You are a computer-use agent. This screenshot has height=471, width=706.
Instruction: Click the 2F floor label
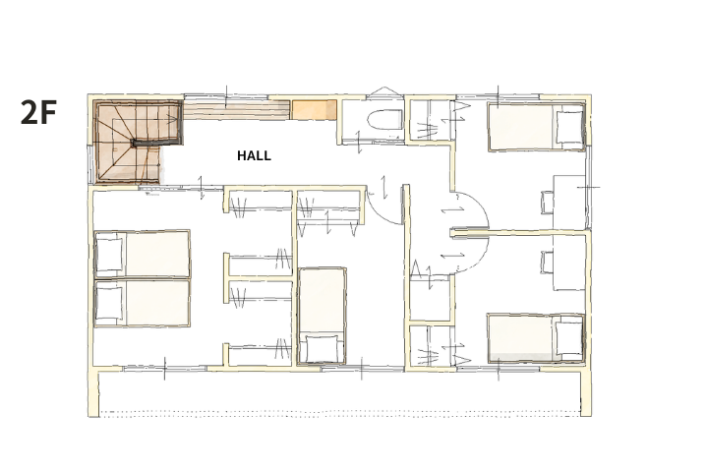tap(38, 112)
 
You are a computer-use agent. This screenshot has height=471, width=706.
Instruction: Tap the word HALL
tap(254, 155)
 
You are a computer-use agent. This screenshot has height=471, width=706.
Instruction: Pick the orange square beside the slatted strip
tap(315, 110)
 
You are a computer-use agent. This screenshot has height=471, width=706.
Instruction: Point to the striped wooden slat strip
tap(236, 110)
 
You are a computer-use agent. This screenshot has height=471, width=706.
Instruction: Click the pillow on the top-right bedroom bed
tap(569, 128)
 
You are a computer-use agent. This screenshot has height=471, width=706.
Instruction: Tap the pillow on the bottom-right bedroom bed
tap(569, 338)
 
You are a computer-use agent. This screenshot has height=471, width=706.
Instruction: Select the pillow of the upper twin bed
tap(109, 255)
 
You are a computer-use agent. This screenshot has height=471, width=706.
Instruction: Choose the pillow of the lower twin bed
tap(109, 303)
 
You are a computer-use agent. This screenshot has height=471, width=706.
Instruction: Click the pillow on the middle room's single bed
tap(322, 348)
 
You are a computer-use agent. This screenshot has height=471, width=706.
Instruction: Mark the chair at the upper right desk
tap(547, 203)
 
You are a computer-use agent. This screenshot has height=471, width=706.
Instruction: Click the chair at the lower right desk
tap(547, 263)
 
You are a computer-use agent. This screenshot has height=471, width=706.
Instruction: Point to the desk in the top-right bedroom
tap(569, 203)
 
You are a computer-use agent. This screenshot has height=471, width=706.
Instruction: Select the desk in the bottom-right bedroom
tap(569, 263)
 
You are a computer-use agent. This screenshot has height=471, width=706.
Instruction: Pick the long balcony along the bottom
tap(340, 390)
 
